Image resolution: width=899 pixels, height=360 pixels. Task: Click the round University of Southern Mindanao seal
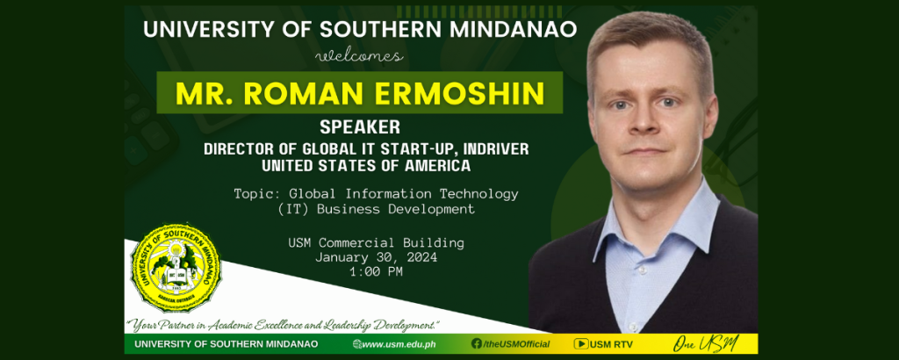pos(176,268)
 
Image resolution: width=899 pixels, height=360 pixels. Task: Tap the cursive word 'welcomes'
pos(359,56)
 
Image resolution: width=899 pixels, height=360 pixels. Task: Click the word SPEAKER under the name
pos(359,126)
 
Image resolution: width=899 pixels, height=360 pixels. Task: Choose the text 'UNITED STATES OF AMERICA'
pos(366,166)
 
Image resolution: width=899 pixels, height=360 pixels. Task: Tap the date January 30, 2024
pos(376,257)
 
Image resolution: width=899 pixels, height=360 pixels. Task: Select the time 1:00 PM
pos(376,271)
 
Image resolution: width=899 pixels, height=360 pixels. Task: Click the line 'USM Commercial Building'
pos(376,242)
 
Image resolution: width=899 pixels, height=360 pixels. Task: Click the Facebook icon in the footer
pos(477,343)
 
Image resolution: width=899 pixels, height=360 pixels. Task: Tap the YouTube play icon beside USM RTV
pos(581,344)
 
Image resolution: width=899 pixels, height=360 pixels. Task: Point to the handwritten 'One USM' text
pos(706,344)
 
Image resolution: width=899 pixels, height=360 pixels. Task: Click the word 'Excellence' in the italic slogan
pos(277,326)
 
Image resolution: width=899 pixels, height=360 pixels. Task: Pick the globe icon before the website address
pos(357,344)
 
